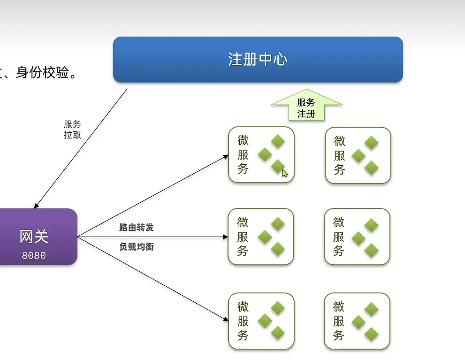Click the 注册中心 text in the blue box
pyautogui.click(x=258, y=60)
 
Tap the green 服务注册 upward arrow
pyautogui.click(x=306, y=105)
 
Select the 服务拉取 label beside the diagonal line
pyautogui.click(x=72, y=129)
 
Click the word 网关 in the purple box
pyautogui.click(x=34, y=237)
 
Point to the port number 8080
pyautogui.click(x=34, y=256)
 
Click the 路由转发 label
pyautogui.click(x=137, y=228)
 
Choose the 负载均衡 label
pyautogui.click(x=137, y=246)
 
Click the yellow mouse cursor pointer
pyautogui.click(x=285, y=173)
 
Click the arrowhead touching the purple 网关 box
pyautogui.click(x=37, y=205)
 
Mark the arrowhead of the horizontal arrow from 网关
pyautogui.click(x=225, y=237)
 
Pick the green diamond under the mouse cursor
pyautogui.click(x=278, y=166)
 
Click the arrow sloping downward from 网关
pyautogui.click(x=150, y=279)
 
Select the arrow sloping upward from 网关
pyautogui.click(x=150, y=197)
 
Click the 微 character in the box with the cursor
pyautogui.click(x=243, y=140)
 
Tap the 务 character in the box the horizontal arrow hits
pyautogui.click(x=243, y=251)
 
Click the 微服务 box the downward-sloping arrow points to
pyautogui.click(x=261, y=321)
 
